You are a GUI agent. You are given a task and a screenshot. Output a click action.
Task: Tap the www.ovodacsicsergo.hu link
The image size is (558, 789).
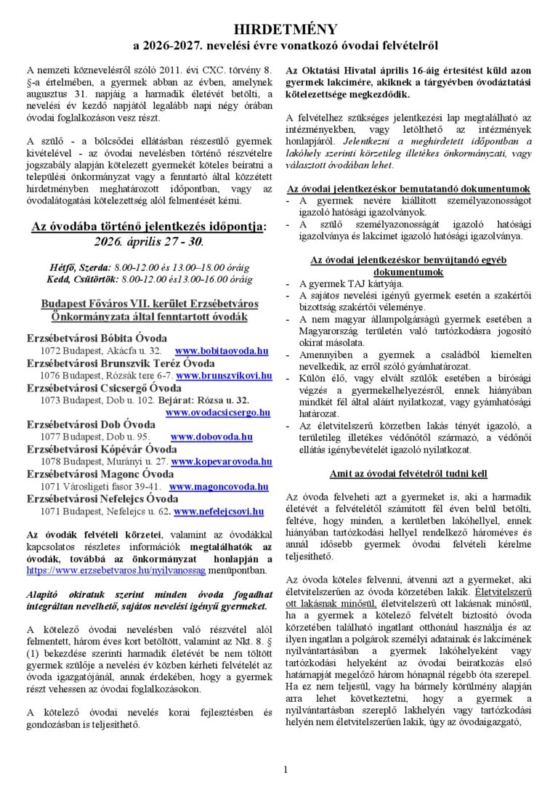coord(217,413)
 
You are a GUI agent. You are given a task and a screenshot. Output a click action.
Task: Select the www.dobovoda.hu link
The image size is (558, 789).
coord(211,437)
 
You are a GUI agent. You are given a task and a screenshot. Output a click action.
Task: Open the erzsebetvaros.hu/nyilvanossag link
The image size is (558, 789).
coord(102,571)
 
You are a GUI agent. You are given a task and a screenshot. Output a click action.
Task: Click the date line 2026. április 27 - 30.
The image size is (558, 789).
coord(149,241)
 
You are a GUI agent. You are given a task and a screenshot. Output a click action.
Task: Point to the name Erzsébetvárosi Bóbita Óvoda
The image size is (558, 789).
coord(97,339)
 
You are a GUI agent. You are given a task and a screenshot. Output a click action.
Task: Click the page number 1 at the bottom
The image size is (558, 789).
coord(286,769)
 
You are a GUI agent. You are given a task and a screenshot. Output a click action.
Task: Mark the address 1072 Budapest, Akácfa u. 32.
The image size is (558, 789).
coord(100,351)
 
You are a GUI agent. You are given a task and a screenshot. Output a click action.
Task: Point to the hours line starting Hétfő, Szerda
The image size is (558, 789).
coord(149,267)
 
